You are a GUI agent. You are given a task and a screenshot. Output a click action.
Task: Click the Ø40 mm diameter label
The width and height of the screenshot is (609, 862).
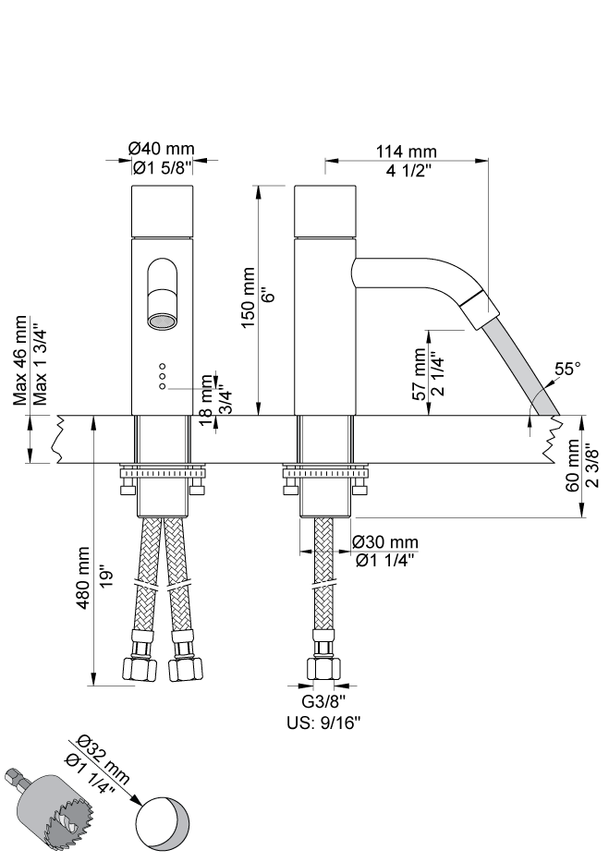pyautogui.click(x=162, y=149)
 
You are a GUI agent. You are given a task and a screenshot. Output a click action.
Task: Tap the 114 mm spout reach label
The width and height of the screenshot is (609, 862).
pyautogui.click(x=407, y=151)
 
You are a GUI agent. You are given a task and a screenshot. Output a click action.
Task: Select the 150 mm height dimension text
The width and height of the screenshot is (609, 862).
pyautogui.click(x=249, y=297)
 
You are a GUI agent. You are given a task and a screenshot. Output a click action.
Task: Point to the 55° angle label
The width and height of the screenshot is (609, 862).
pyautogui.click(x=567, y=369)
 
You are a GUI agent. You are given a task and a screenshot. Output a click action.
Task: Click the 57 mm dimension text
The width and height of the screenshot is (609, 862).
pyautogui.click(x=420, y=374)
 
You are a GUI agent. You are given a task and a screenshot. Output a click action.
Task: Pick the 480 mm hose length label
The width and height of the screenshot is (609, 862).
pyautogui.click(x=83, y=577)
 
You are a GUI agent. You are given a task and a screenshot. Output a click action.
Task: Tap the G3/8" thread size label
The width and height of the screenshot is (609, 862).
pyautogui.click(x=323, y=701)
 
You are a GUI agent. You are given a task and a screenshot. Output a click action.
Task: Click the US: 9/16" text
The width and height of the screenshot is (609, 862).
pyautogui.click(x=323, y=722)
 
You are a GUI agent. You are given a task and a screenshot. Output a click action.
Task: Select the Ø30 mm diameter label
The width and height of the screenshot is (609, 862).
pyautogui.click(x=385, y=542)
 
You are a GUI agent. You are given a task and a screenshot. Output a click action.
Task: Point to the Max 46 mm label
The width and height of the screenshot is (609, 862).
pyautogui.click(x=19, y=360)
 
